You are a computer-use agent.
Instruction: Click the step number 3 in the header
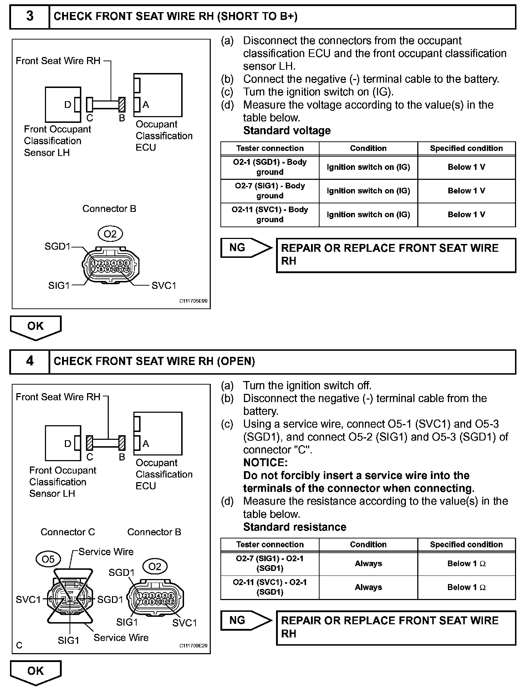click(30, 16)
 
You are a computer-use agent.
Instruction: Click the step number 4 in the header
click(30, 361)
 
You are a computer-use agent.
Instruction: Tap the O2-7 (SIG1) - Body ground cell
click(270, 191)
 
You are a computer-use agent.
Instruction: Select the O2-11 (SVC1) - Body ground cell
click(270, 214)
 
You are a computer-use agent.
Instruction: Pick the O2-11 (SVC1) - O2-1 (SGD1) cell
click(270, 587)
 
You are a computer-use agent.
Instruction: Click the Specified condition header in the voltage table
click(466, 148)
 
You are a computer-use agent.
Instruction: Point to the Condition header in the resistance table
click(368, 544)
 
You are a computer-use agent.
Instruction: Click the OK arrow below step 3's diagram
click(36, 327)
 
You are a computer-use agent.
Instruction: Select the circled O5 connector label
click(48, 559)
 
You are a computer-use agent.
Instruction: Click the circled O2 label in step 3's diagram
click(110, 234)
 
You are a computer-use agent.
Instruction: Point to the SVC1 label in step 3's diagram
click(164, 286)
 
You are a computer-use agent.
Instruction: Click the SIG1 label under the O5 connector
click(68, 641)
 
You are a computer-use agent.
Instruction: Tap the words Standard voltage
click(287, 131)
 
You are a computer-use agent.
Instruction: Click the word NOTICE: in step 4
click(265, 463)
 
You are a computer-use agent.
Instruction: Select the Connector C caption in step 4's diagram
click(68, 532)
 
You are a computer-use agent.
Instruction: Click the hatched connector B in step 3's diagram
click(122, 104)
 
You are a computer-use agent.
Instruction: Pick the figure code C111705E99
click(193, 301)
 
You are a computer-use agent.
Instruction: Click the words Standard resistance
click(295, 527)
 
